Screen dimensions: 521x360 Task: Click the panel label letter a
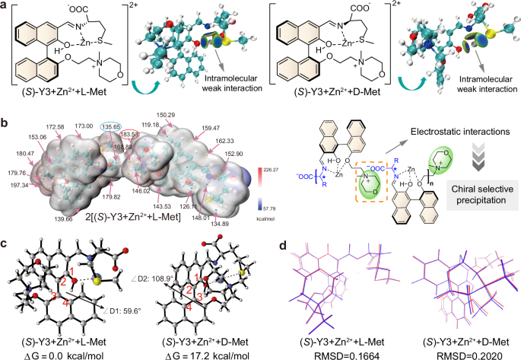coord(5,6)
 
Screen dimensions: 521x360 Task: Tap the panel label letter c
coord(5,244)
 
